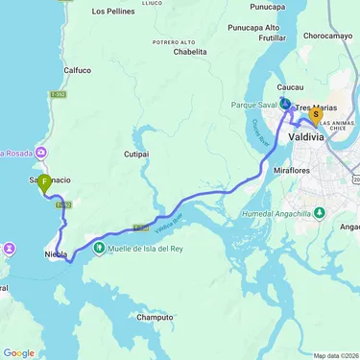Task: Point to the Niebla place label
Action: point(56,254)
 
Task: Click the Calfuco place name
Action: point(77,70)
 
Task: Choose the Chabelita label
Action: point(190,53)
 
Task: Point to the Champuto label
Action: point(155,317)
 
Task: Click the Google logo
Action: point(19,352)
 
